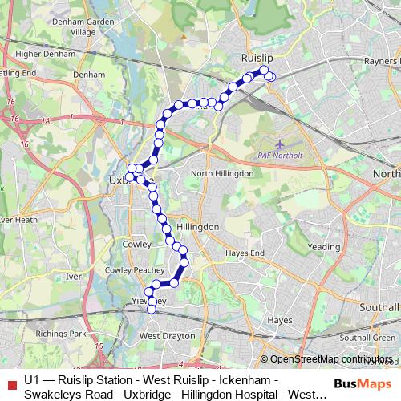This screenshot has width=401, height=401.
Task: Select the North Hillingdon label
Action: click(222, 173)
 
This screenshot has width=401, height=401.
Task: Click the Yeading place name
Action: click(324, 248)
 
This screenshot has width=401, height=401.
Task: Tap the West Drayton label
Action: click(164, 335)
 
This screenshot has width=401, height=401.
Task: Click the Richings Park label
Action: click(66, 333)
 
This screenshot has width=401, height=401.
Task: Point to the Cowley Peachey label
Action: click(129, 272)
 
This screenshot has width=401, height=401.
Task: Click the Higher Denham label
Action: click(41, 55)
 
